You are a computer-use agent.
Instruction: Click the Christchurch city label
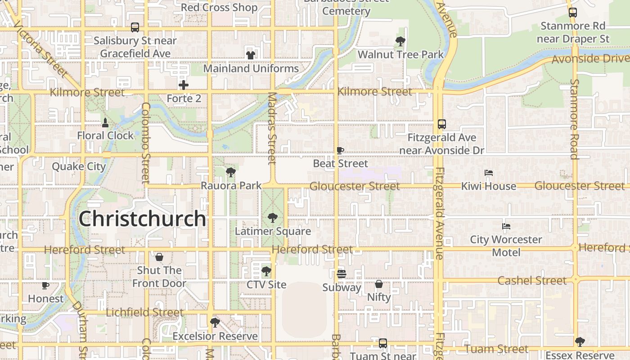coord(142,219)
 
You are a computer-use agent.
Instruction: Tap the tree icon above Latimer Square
coord(272,218)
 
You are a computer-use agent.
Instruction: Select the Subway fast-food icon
coord(342,274)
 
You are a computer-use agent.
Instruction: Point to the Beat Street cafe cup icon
coord(340,150)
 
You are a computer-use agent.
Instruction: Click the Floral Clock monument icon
coord(105,122)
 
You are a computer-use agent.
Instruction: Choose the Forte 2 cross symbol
coord(184,85)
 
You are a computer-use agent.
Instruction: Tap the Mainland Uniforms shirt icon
coord(251,55)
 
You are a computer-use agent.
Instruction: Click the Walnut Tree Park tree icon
coord(400,41)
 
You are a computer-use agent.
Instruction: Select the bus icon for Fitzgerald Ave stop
coord(442,124)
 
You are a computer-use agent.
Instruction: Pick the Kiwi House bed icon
coord(489,173)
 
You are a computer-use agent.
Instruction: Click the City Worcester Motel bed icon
coord(506,226)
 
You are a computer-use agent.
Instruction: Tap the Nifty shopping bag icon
coord(379,284)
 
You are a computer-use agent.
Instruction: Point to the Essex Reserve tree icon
coord(580,342)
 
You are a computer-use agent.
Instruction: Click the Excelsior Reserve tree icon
coord(215,322)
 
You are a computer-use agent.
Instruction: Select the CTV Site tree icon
coord(266,271)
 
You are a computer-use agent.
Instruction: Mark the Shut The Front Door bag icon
coord(159,257)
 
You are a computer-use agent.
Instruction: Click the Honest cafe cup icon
coord(45,285)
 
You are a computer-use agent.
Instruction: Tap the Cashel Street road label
coord(532,281)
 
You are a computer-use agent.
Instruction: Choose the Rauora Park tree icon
coord(231,172)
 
